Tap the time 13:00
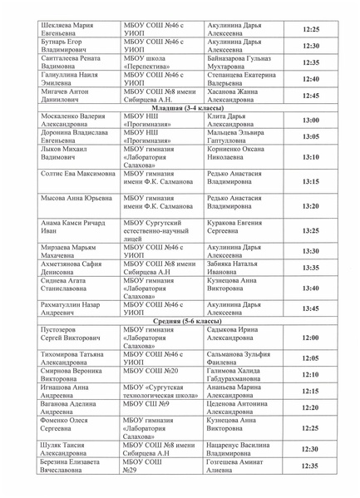pyautogui.click(x=310, y=121)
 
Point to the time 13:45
pyautogui.click(x=310, y=308)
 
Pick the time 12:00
pyautogui.click(x=310, y=338)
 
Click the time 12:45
pyautogui.click(x=310, y=96)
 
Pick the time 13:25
pyautogui.click(x=310, y=231)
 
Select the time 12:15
pyautogui.click(x=310, y=391)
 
